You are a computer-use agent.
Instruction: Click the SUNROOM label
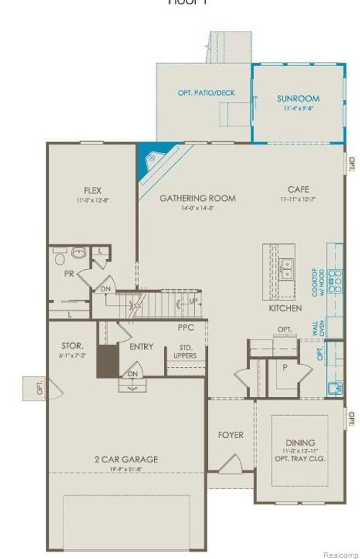298,99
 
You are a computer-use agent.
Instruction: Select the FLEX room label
92,191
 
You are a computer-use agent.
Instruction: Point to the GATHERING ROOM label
197,198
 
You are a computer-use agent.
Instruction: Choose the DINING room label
300,442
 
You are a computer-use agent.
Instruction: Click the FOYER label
230,435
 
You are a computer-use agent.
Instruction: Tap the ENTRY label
141,347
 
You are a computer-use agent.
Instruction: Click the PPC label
186,327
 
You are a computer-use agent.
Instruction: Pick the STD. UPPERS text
186,352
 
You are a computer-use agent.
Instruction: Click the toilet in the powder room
60,255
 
